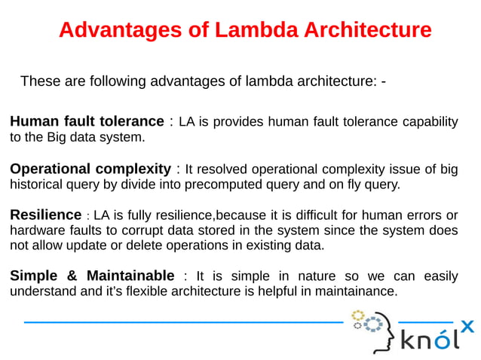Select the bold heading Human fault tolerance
[x=87, y=121]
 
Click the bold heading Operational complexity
[x=90, y=169]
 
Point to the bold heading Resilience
[x=45, y=215]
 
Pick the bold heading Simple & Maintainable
[x=92, y=276]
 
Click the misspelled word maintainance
[x=353, y=291]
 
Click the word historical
[x=36, y=184]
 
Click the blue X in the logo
[x=467, y=326]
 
